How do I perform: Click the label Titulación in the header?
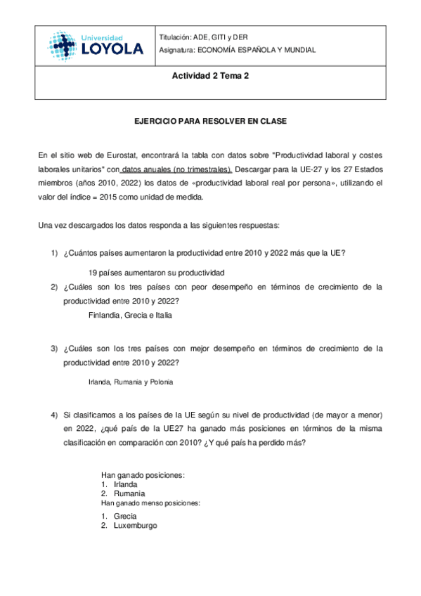176,37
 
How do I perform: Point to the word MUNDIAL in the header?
298,50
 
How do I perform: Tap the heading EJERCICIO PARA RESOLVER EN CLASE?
211,121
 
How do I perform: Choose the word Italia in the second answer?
162,316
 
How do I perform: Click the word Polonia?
160,382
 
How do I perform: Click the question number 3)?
54,347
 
